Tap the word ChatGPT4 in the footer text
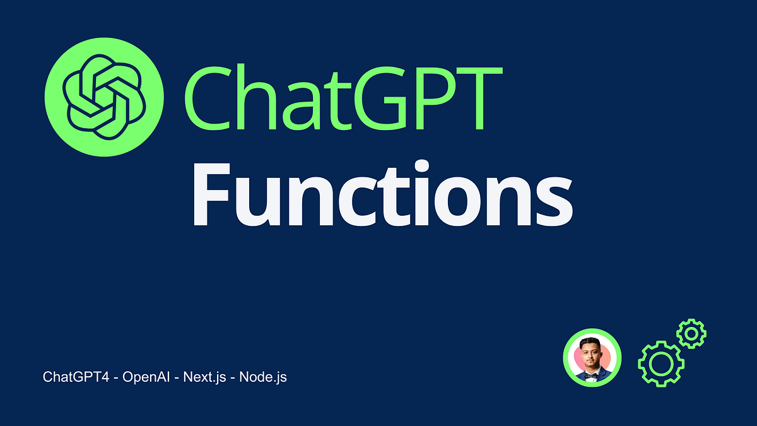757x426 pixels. click(73, 377)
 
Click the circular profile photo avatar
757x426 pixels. click(592, 358)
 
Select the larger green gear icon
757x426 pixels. click(660, 364)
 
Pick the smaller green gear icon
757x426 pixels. click(691, 333)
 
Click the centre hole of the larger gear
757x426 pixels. click(660, 364)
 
